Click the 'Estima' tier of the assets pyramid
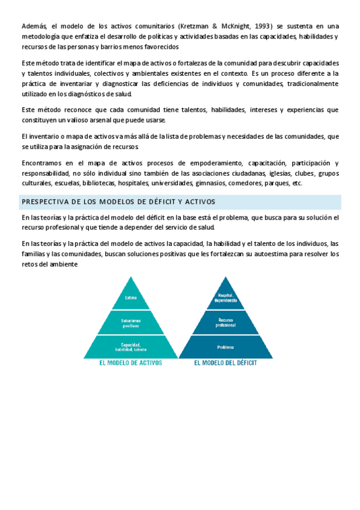click(x=130, y=298)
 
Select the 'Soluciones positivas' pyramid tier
click(x=130, y=323)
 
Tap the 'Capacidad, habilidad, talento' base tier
click(x=130, y=346)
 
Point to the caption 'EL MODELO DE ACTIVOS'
click(x=130, y=363)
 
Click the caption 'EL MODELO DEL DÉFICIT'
click(x=225, y=363)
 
